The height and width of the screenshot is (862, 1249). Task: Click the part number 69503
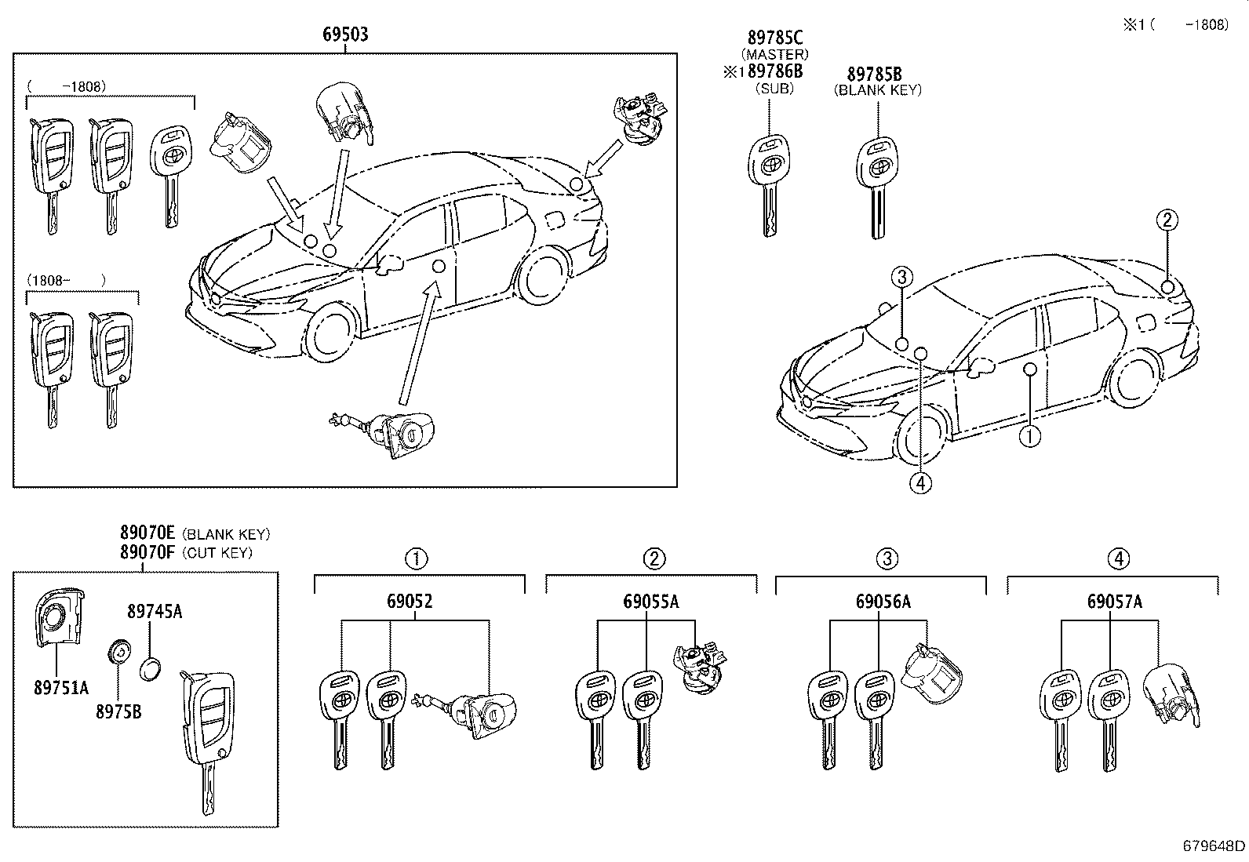(345, 35)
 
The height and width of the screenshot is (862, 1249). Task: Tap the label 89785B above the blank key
(874, 75)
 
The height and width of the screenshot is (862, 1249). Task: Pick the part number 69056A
(883, 602)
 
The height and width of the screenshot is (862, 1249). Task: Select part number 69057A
(1114, 602)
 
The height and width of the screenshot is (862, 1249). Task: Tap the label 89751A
(61, 688)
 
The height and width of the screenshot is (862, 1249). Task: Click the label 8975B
(119, 713)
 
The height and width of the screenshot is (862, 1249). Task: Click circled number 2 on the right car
(1167, 220)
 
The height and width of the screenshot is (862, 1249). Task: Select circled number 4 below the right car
(922, 484)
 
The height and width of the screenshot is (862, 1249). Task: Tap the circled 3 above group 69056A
(887, 559)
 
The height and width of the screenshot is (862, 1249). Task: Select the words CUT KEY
(217, 553)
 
